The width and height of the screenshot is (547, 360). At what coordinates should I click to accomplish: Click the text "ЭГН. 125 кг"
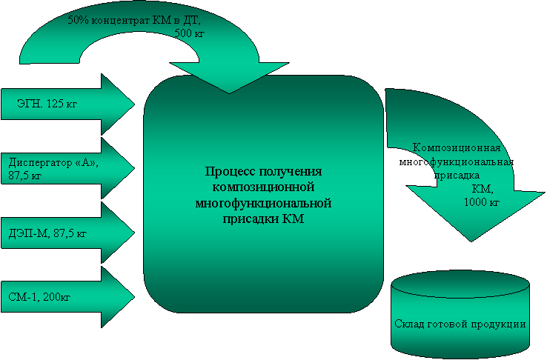click(47, 104)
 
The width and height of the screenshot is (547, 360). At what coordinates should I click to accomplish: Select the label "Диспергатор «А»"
click(53, 163)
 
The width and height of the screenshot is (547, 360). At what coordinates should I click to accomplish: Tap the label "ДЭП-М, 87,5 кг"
click(47, 233)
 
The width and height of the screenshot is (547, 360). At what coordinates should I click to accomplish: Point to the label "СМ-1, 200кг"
click(39, 297)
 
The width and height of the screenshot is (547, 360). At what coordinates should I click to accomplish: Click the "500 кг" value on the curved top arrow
click(189, 33)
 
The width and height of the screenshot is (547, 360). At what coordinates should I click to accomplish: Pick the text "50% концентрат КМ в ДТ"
click(134, 20)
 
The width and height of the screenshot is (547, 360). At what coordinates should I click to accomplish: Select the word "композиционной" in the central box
click(263, 187)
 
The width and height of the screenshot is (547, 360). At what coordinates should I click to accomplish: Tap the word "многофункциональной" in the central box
click(263, 203)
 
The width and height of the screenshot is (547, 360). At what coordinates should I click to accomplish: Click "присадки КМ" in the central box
click(263, 219)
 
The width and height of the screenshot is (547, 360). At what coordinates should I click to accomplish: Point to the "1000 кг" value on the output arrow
click(482, 202)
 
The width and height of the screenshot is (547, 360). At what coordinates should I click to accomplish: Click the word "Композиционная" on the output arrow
click(457, 147)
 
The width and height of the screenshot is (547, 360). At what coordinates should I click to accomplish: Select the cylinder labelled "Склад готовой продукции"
click(460, 314)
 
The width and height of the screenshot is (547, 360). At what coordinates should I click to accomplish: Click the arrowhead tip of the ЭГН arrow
click(135, 104)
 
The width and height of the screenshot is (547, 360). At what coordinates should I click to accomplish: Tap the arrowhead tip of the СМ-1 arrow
click(135, 297)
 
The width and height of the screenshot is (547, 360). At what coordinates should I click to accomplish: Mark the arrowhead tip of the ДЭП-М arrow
click(135, 233)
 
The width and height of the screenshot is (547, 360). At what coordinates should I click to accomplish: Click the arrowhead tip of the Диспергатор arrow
click(135, 168)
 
